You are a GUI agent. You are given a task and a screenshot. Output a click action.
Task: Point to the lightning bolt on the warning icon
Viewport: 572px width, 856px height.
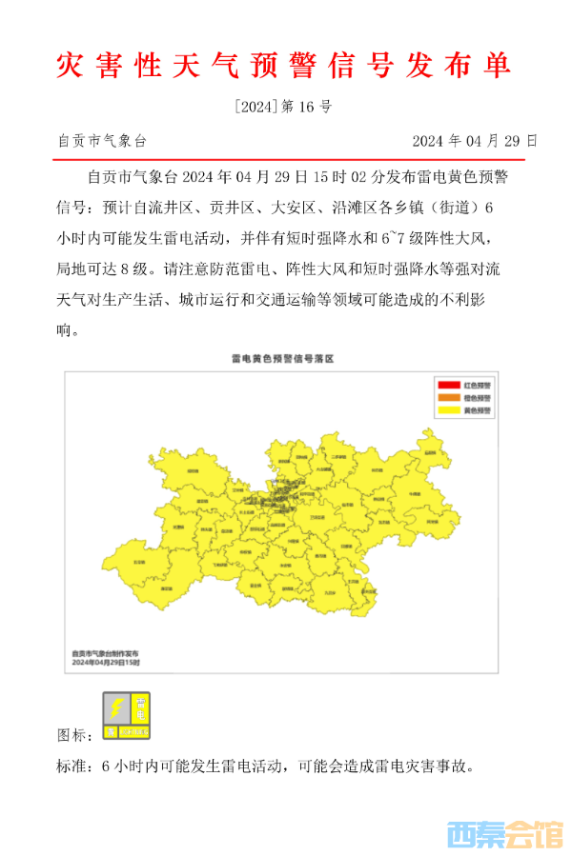click(x=116, y=708)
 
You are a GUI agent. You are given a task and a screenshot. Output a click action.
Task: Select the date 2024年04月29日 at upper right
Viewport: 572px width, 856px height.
click(x=474, y=141)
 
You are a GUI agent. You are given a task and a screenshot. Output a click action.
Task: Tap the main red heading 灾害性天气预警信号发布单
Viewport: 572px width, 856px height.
click(x=284, y=64)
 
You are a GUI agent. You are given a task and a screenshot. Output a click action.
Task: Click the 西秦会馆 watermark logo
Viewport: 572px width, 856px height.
click(x=504, y=835)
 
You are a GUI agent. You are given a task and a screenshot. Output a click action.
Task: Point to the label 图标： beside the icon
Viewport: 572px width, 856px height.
click(x=75, y=735)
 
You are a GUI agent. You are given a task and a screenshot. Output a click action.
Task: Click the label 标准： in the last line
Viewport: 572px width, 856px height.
click(x=75, y=766)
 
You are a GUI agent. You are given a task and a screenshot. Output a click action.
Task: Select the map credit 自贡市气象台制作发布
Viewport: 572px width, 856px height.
click(x=111, y=653)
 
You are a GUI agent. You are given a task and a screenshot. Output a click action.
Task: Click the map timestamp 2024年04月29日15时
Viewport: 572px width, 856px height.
click(x=106, y=663)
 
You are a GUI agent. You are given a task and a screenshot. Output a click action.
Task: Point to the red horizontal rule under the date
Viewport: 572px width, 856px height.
click(x=285, y=158)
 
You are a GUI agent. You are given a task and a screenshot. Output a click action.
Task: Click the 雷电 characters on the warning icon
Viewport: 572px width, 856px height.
click(x=140, y=708)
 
